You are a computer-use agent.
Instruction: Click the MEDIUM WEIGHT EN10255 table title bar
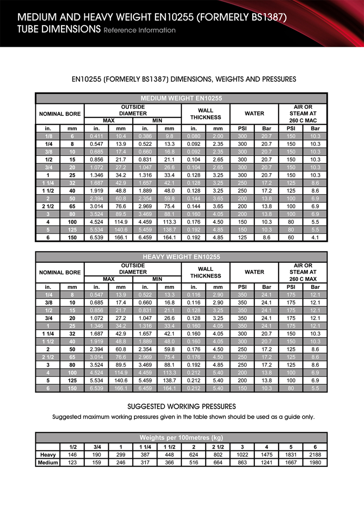click(181, 98)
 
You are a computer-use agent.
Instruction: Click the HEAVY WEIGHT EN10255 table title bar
click(181, 257)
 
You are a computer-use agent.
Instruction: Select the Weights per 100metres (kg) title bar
click(181, 437)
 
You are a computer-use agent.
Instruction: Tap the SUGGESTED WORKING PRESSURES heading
click(182, 406)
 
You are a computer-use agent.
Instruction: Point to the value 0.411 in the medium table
click(96, 136)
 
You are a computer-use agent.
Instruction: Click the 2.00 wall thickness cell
click(218, 136)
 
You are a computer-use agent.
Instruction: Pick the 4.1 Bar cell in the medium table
click(315, 237)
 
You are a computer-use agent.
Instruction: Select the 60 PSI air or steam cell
click(291, 237)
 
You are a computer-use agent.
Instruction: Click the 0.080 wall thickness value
click(194, 136)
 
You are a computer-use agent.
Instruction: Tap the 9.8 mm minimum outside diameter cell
click(169, 136)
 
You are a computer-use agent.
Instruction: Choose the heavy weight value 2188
click(315, 455)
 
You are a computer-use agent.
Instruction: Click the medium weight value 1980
click(315, 463)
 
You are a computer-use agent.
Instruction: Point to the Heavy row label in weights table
click(48, 455)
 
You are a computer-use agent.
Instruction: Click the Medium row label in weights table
click(48, 463)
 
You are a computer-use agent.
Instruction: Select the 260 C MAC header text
click(302, 121)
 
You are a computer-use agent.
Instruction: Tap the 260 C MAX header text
click(302, 279)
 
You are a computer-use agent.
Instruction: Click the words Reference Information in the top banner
click(139, 31)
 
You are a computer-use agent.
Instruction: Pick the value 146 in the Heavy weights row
click(73, 455)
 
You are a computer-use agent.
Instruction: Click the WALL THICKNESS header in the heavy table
click(206, 272)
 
